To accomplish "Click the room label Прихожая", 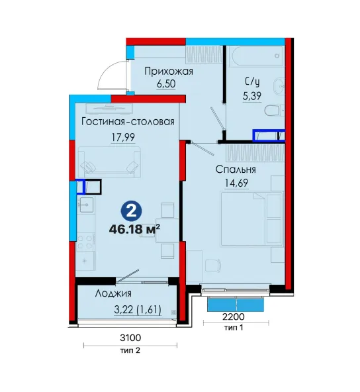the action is click(x=169, y=72).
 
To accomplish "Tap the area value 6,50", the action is click(x=166, y=83).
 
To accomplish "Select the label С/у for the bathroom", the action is click(x=252, y=81).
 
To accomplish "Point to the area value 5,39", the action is click(x=252, y=96).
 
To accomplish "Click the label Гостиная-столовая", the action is click(x=128, y=122).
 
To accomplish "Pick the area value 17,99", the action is click(x=123, y=137).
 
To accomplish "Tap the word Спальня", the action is click(x=236, y=170).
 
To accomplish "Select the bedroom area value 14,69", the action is click(x=236, y=183).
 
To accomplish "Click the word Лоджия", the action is click(x=113, y=293).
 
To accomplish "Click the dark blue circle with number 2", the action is click(x=132, y=211).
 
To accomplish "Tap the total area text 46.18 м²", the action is click(x=134, y=229).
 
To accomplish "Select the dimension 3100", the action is click(x=130, y=338).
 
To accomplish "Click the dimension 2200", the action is click(x=234, y=317).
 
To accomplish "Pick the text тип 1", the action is click(x=234, y=327).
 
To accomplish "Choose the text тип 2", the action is click(x=130, y=350).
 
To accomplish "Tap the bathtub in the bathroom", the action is click(x=258, y=56).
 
